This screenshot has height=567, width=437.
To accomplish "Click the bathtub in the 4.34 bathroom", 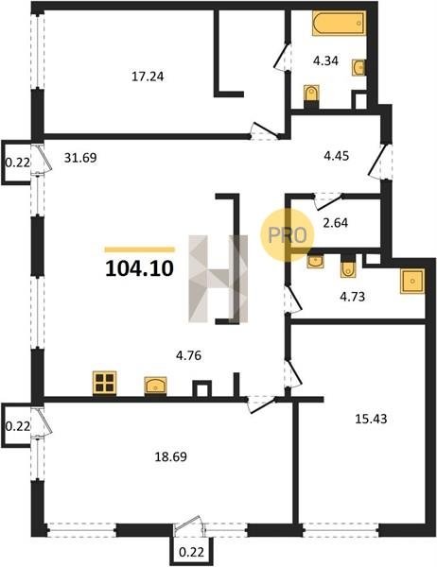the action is pos(339,23).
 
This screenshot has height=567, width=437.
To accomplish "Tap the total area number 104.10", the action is pos(139,268).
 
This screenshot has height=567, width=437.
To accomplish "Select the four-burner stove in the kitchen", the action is pos(105,383).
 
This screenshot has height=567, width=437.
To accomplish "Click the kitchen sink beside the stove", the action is pos(155,386).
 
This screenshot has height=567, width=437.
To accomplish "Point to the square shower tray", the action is pos(412,281).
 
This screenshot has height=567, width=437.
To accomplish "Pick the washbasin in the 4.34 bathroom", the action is pos(358,67).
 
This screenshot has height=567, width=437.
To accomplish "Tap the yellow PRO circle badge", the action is pos(288,235).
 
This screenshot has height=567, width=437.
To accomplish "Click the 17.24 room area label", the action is pos(148,77).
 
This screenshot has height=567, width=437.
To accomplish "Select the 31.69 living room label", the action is pos(80,158).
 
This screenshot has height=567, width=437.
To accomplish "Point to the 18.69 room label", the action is pos(171,456).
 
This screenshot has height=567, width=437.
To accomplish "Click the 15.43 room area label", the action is pos(371,419).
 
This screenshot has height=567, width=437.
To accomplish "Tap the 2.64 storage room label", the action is pos(335,223).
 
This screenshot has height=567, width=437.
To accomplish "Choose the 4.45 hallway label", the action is pos(336,156).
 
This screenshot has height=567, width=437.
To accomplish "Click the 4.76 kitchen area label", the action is pos(188,355).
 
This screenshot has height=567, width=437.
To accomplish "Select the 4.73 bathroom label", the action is pos(352,297).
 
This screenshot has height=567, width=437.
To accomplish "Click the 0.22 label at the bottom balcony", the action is pos(191,552).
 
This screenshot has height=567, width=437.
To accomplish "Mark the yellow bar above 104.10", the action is pos(139,249).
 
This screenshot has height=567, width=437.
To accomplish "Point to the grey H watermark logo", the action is pos(218,279).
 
